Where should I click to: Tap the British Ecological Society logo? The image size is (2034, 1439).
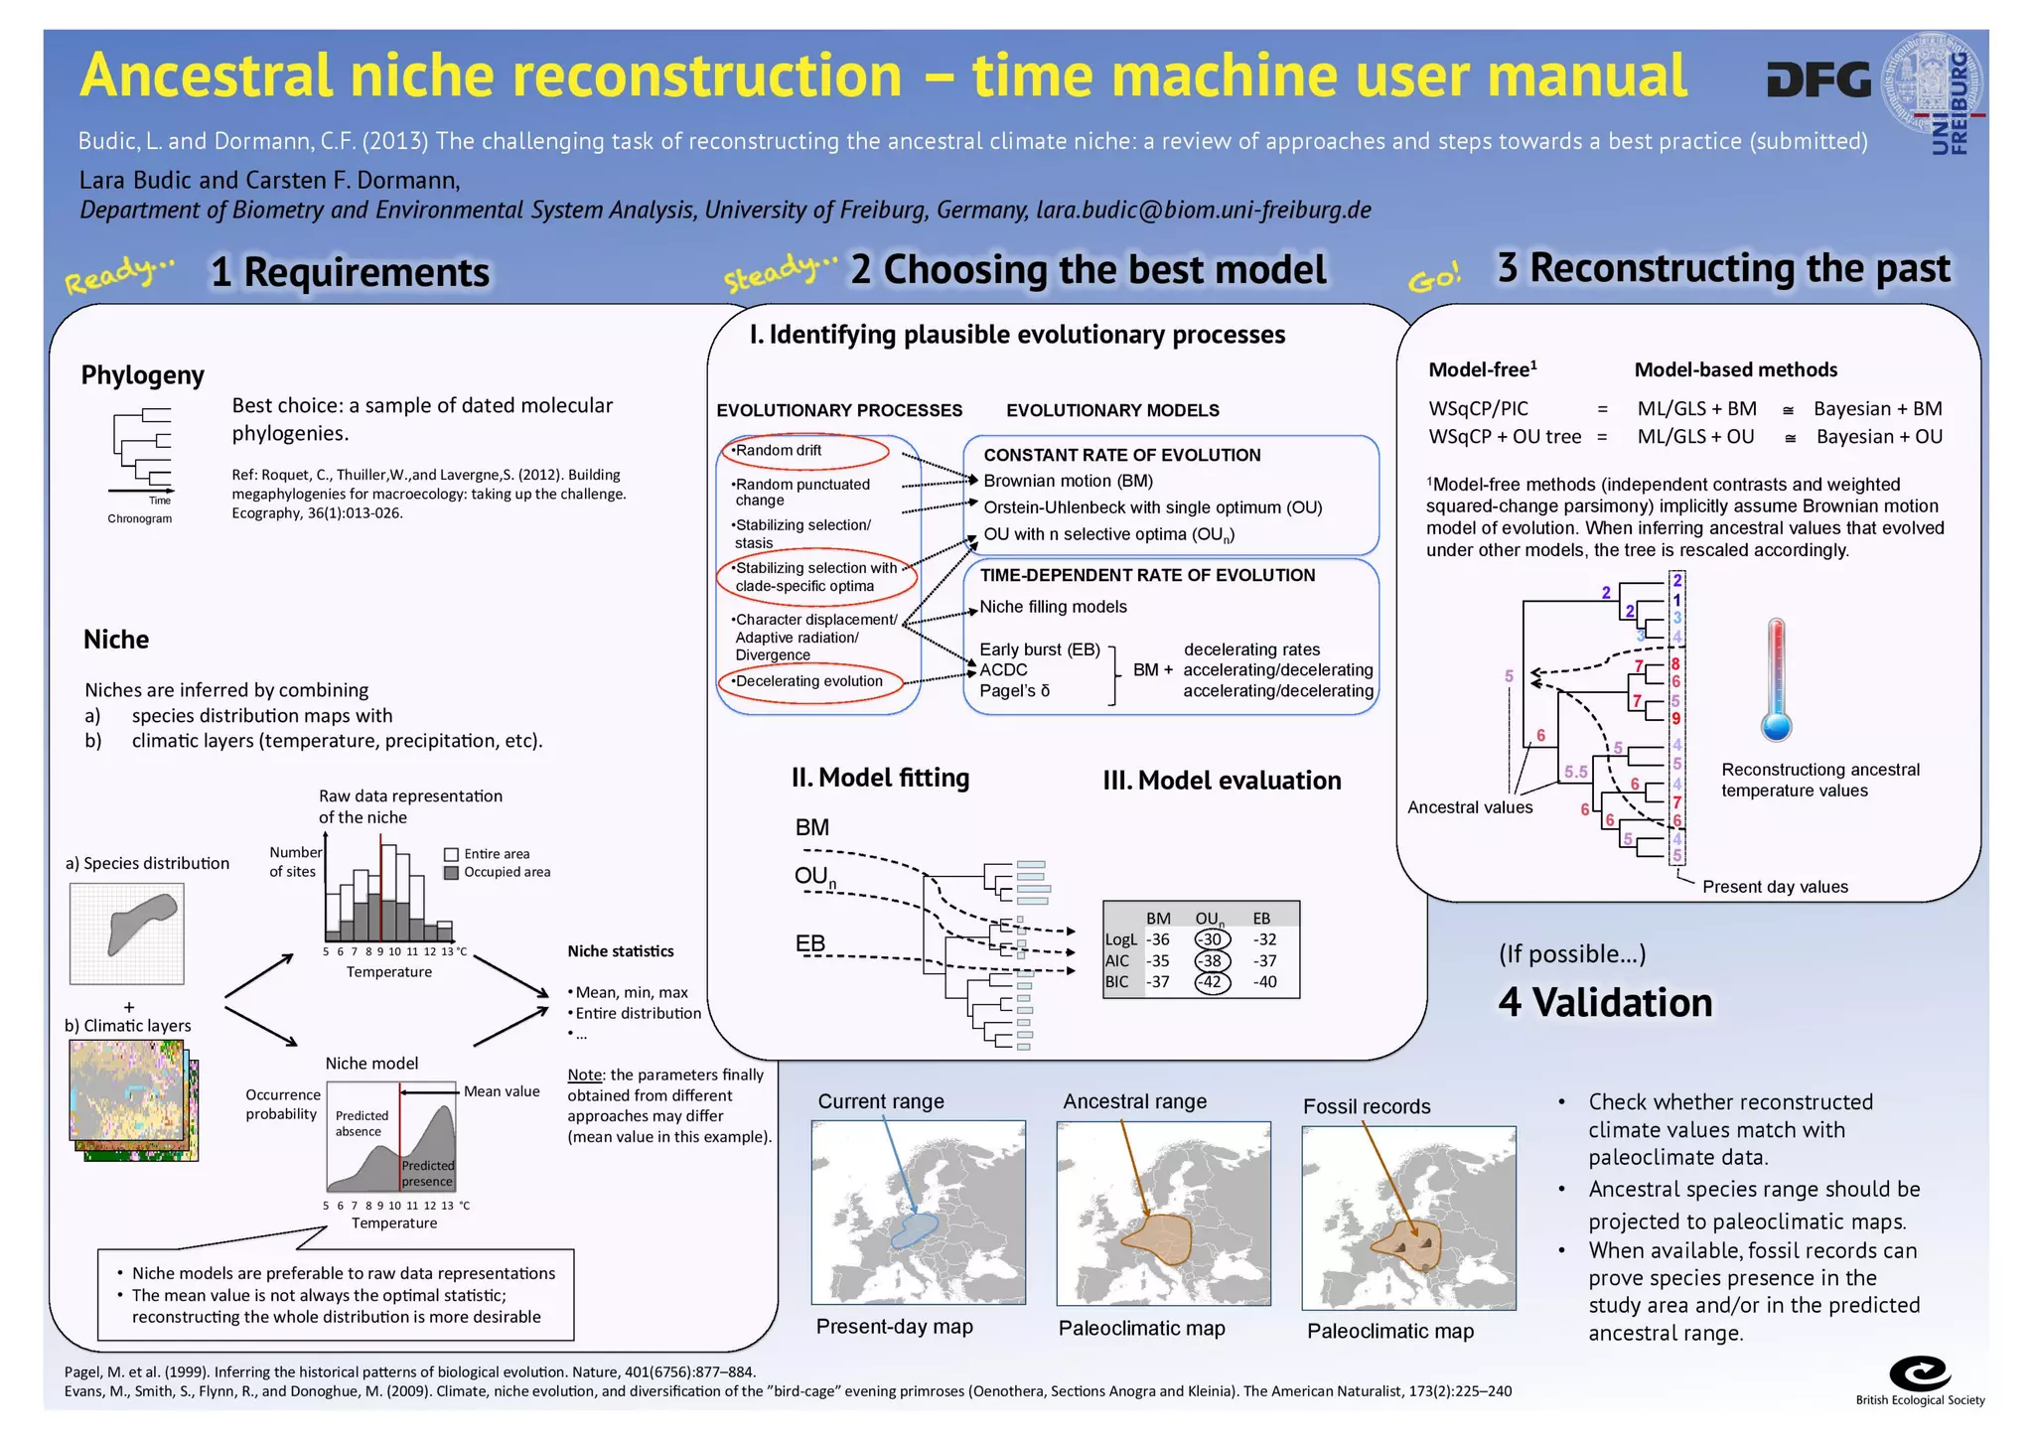pyautogui.click(x=1919, y=1374)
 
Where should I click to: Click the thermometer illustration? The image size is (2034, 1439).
pyautogui.click(x=1776, y=680)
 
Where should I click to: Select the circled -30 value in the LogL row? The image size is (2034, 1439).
pyautogui.click(x=1212, y=939)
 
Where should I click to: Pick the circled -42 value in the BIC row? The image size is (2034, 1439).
pyautogui.click(x=1212, y=982)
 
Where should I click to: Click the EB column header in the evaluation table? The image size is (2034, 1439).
pyautogui.click(x=1261, y=919)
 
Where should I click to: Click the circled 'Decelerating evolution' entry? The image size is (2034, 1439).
pyautogui.click(x=809, y=681)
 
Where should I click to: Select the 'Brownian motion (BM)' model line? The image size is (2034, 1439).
pyautogui.click(x=1068, y=481)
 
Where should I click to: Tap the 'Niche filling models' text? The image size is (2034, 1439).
pyautogui.click(x=1053, y=607)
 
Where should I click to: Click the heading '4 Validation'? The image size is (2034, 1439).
pyautogui.click(x=1605, y=1002)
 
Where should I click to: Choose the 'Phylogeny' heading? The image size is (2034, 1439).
pyautogui.click(x=142, y=375)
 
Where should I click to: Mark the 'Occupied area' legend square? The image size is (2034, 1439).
pyautogui.click(x=451, y=873)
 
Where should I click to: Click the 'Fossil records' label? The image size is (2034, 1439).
pyautogui.click(x=1367, y=1106)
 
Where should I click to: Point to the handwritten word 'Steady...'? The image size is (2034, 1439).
pyautogui.click(x=781, y=272)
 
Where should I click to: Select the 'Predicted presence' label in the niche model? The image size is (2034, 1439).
pyautogui.click(x=428, y=1173)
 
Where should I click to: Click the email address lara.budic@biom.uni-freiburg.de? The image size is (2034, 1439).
pyautogui.click(x=1203, y=211)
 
